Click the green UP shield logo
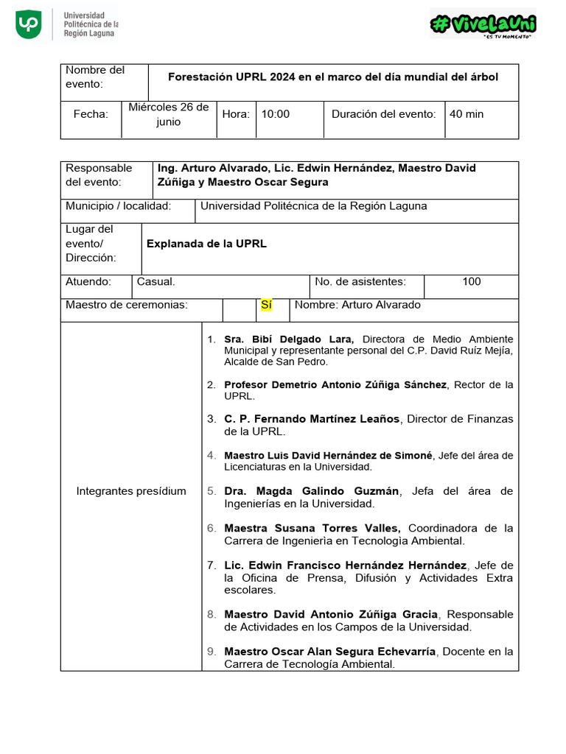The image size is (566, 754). coord(29,24)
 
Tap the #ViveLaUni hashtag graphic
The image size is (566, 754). coord(483,24)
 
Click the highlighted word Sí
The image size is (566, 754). coord(267,305)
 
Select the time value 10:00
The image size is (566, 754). coord(276,114)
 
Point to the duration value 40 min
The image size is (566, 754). coord(467,114)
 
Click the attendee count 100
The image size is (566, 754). coord(472,281)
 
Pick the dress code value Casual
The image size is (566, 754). coord(156,281)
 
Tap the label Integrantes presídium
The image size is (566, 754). coord(131,491)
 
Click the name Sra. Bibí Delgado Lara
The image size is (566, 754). coord(289,339)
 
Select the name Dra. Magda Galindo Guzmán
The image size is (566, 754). coord(312,491)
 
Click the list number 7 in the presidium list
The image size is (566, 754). coord(211,565)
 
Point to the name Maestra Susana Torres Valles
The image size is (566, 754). coord(312,528)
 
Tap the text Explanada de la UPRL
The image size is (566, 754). coord(206,244)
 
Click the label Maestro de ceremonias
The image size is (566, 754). coord(127,305)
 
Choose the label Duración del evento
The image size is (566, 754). coord(383,114)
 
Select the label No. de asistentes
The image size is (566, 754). coord(360,281)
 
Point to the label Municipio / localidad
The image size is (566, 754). coord(119,206)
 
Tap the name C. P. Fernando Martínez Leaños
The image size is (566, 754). coord(312,419)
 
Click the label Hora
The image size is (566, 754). coord(236,114)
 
